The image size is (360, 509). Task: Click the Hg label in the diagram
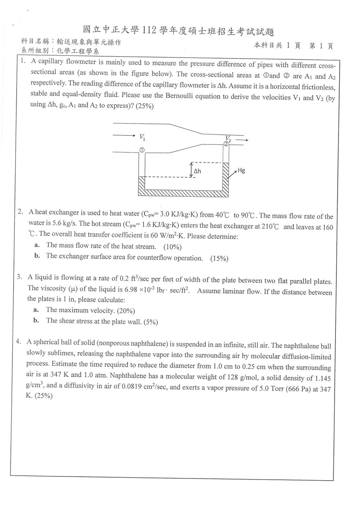tap(241, 170)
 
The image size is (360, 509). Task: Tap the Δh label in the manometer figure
tap(197, 171)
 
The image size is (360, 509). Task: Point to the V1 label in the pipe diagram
tap(143, 137)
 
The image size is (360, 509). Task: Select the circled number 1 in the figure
tap(142, 150)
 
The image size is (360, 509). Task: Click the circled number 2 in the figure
tap(226, 144)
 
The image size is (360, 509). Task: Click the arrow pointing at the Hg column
tap(232, 174)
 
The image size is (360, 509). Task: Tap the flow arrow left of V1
tap(124, 136)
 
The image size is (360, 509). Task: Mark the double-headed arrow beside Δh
tap(192, 170)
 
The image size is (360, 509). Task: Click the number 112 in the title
tap(149, 30)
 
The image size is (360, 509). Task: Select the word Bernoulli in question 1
tap(179, 96)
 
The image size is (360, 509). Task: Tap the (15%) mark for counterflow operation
tap(219, 258)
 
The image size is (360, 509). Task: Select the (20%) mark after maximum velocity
tap(126, 311)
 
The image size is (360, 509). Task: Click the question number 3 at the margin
tap(19, 277)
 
